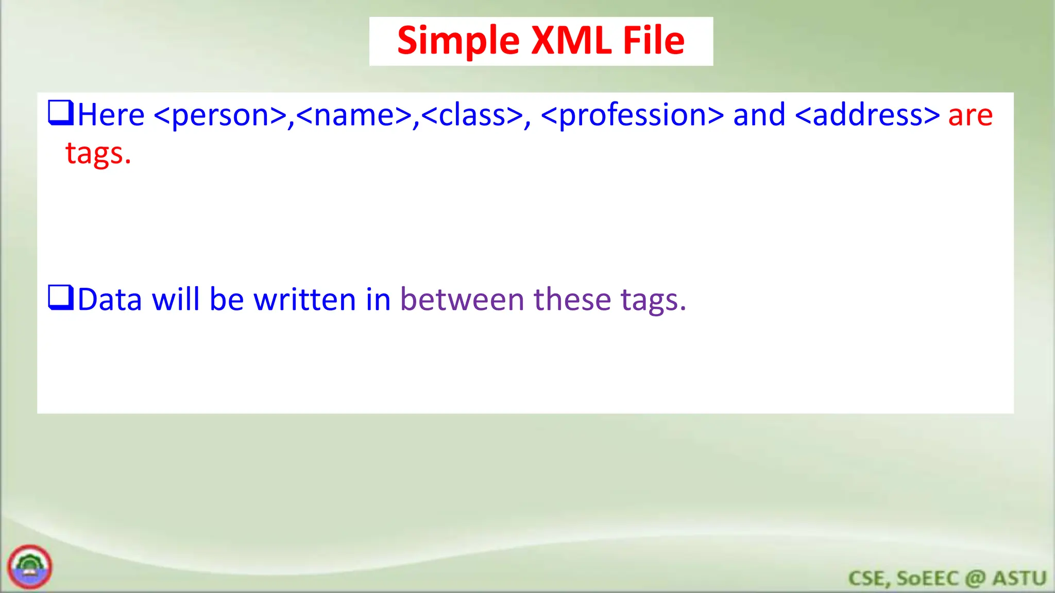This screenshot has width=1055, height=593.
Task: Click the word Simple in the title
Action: click(458, 41)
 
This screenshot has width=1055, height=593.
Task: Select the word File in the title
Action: click(654, 41)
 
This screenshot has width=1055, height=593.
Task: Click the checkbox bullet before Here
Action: click(61, 113)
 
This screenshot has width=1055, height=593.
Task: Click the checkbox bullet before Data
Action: click(61, 298)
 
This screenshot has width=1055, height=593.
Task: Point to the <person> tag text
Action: click(220, 115)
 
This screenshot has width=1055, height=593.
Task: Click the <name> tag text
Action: click(354, 115)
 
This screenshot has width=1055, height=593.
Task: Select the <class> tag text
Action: click(472, 115)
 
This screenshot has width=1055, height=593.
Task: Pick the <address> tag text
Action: click(867, 115)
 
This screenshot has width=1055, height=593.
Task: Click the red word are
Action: click(971, 115)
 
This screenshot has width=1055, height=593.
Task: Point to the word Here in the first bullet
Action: click(111, 115)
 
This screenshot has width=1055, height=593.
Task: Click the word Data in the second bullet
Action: click(110, 300)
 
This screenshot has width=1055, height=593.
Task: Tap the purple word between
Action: click(462, 300)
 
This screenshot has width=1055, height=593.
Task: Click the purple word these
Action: click(572, 300)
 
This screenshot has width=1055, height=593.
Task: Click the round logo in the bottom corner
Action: click(30, 567)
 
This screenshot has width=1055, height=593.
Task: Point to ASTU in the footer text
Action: click(1019, 579)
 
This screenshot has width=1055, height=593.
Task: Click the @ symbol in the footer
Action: click(975, 579)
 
